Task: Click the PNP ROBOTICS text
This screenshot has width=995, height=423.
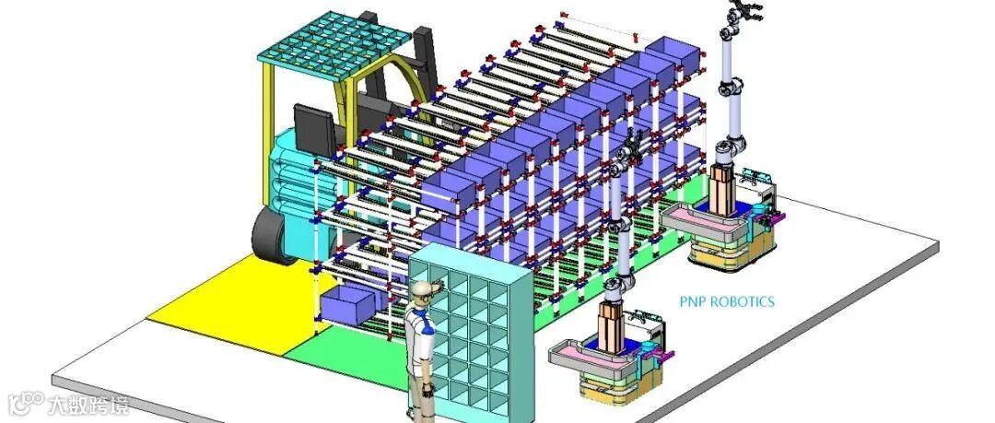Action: [x=727, y=301]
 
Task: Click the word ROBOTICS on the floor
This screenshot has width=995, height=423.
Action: [x=742, y=301]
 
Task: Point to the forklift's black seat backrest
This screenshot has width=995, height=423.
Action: [x=313, y=128]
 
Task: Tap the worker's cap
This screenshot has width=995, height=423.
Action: [x=424, y=288]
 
